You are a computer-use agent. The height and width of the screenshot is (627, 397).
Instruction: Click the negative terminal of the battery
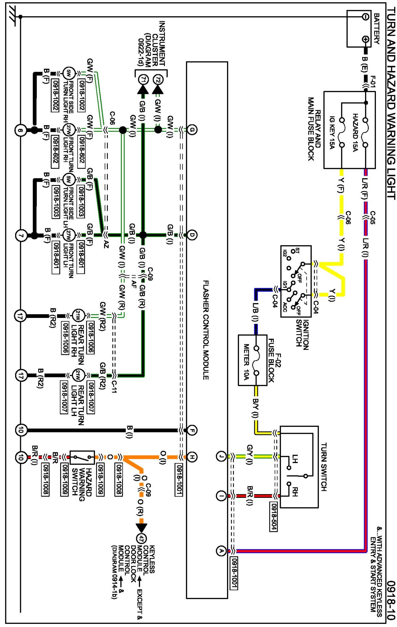(365, 17)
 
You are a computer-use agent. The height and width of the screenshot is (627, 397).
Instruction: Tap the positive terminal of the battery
(365, 39)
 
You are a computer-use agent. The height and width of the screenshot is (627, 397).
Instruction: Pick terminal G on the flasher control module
(192, 129)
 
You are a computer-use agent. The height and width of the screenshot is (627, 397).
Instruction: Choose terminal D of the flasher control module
(192, 235)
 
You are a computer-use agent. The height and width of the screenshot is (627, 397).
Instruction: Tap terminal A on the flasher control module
(221, 551)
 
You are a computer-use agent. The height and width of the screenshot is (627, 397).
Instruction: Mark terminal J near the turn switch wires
(221, 456)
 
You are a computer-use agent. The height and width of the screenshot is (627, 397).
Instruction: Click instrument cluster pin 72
(158, 80)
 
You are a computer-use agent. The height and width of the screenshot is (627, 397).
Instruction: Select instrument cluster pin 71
(143, 80)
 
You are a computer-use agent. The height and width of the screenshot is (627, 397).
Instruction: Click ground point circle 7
(21, 236)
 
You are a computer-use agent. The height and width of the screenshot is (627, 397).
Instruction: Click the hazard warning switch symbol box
(82, 457)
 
